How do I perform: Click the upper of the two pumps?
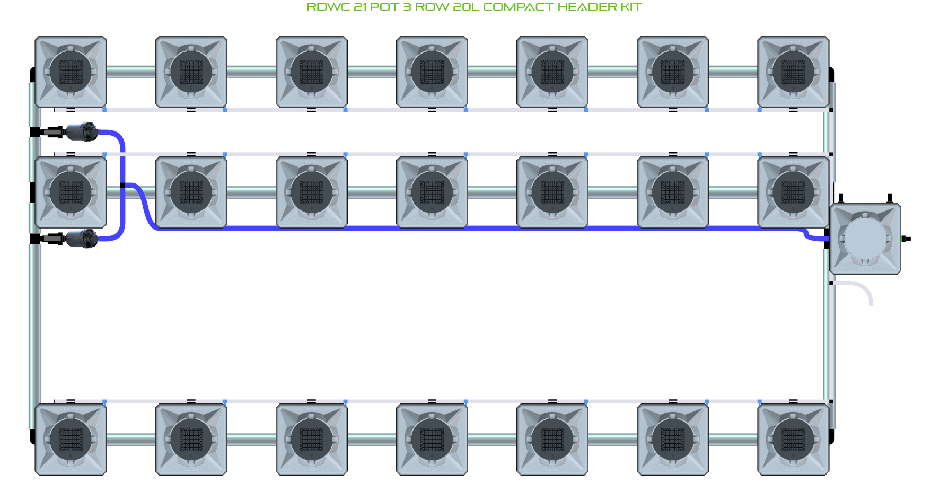tap(82, 131)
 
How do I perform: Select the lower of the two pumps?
tap(82, 239)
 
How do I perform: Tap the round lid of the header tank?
tap(865, 239)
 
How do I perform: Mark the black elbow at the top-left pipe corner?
tap(32, 74)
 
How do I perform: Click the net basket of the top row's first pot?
tap(71, 72)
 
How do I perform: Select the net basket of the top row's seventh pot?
tap(793, 72)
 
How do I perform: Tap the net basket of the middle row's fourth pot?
tap(432, 192)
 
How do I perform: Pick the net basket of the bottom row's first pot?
tap(71, 440)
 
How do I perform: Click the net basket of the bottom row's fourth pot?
tap(432, 440)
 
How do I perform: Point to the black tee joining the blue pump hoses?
tap(122, 185)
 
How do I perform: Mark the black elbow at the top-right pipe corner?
tap(831, 74)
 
